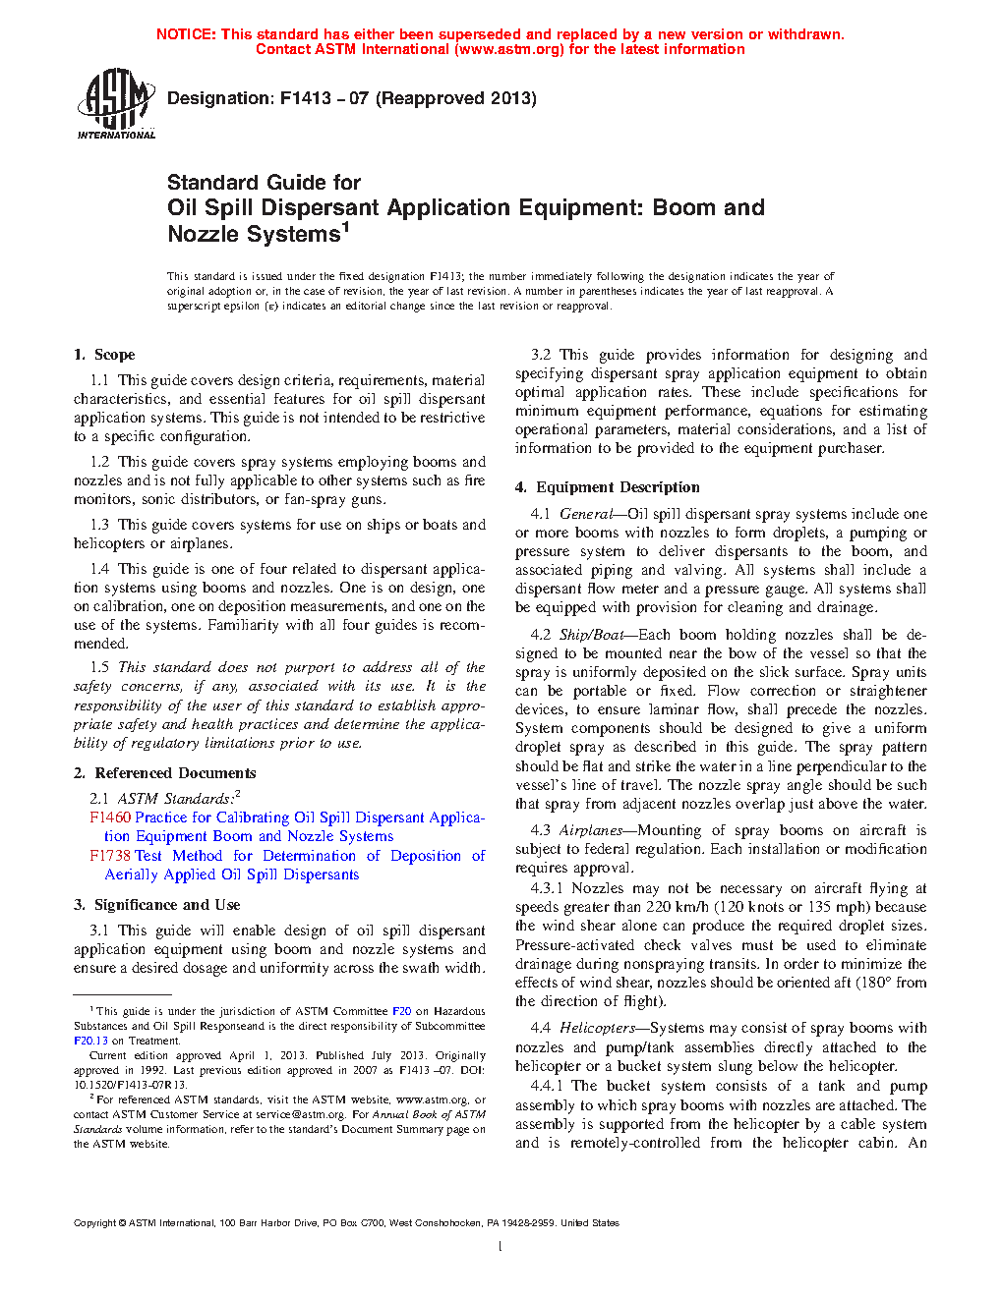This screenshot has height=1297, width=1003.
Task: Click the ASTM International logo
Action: click(116, 103)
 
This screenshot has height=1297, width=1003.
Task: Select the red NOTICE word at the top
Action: click(186, 34)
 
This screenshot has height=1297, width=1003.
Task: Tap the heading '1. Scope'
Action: click(104, 355)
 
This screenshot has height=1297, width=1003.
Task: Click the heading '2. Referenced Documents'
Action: click(164, 773)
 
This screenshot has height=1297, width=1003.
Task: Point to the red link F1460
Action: click(110, 818)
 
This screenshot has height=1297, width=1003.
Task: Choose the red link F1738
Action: click(110, 856)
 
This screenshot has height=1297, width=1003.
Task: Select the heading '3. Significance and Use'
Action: click(156, 905)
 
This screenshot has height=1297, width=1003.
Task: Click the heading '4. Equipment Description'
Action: click(608, 487)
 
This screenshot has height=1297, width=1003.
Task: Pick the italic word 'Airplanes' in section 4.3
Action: click(591, 830)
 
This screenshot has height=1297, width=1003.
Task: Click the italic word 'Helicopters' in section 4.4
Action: click(597, 1028)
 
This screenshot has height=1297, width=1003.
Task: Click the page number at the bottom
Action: click(501, 1247)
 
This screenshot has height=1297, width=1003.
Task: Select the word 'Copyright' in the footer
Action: click(94, 1223)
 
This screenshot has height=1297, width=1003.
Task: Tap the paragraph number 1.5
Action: click(99, 667)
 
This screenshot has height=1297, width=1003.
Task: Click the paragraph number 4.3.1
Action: click(546, 888)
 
